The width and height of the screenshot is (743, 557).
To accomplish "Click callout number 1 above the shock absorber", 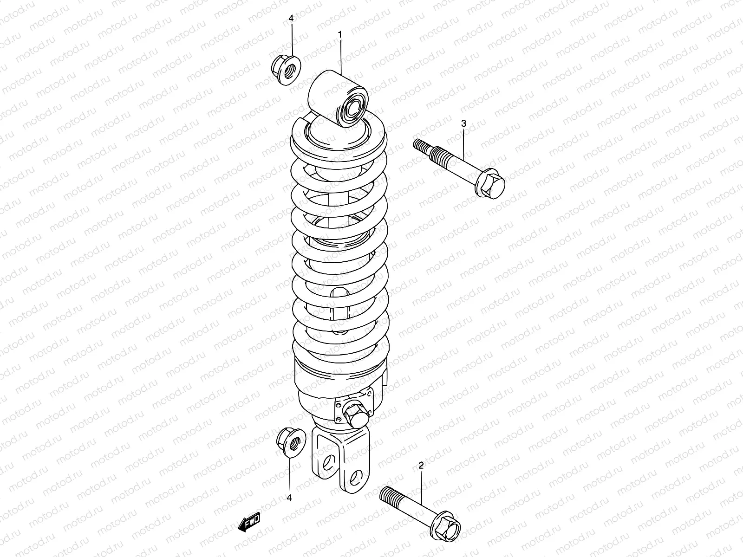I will (x=340, y=35).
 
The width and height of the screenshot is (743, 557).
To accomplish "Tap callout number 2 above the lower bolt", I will (x=421, y=466).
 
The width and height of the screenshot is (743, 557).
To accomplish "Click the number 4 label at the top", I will (x=291, y=19).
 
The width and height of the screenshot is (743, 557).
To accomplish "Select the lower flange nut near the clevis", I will (x=291, y=442).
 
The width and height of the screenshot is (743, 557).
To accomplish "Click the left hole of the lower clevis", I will (x=328, y=461).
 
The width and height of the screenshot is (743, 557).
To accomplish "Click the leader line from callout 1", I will (x=340, y=56).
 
